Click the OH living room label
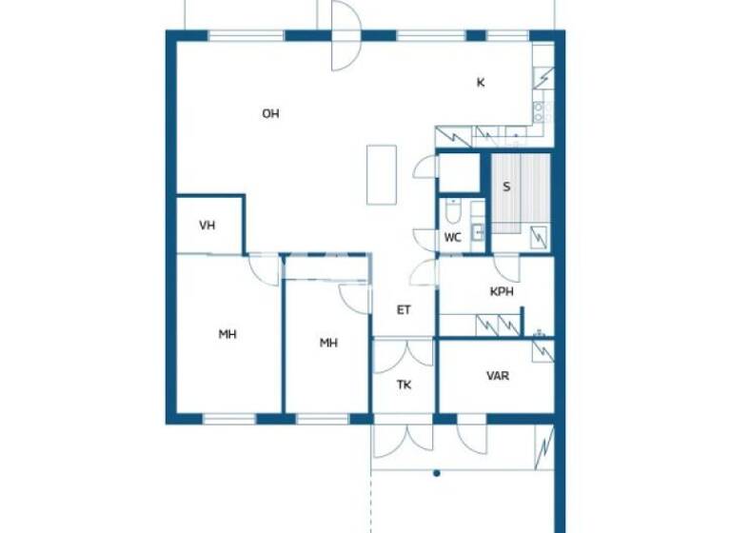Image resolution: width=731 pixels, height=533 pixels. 271,114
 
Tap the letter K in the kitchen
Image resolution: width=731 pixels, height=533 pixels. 481,83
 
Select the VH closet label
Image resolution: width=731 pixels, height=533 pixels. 207,226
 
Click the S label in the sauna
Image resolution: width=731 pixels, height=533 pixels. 506,187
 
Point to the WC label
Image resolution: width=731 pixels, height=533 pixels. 453,238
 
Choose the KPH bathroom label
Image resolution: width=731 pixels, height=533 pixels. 502,292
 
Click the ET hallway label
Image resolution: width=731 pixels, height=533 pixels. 404,309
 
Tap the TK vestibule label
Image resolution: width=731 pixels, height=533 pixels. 404,385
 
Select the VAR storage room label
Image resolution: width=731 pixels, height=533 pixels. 498,376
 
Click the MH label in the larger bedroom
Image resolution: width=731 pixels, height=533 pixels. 227,334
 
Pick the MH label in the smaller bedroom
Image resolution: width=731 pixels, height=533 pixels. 328,344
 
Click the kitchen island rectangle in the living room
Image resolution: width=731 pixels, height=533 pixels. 382,173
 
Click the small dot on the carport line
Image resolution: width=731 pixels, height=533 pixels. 436,473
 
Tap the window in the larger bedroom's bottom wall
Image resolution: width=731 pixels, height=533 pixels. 228,419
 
